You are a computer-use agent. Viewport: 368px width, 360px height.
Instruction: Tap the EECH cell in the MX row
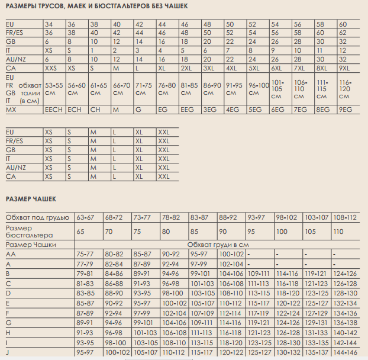click(x=54, y=110)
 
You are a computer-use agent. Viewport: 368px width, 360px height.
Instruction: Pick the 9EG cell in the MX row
click(x=346, y=110)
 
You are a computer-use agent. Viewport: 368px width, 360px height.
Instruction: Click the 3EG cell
click(x=210, y=110)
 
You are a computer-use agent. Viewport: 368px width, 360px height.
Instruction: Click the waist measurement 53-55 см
click(x=54, y=89)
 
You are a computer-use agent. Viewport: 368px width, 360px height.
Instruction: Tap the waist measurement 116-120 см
click(x=346, y=89)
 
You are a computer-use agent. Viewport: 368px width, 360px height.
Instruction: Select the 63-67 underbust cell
click(x=85, y=218)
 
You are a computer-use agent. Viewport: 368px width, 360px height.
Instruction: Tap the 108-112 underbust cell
click(x=346, y=218)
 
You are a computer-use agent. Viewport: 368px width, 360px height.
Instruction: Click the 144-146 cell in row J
click(x=346, y=353)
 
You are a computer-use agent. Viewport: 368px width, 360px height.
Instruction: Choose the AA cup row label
click(x=10, y=253)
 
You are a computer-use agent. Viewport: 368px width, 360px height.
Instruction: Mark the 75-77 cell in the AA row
click(x=85, y=253)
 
